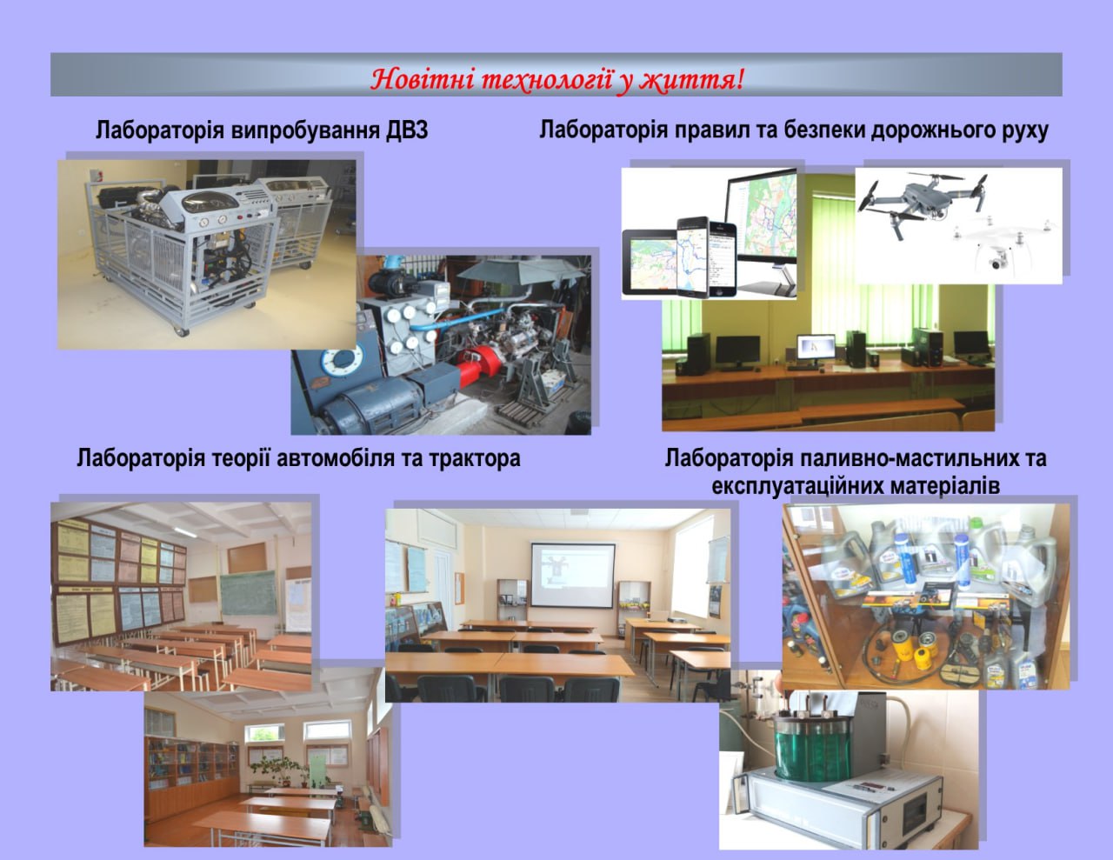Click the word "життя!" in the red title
(692, 80)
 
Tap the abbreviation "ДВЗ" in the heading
(407, 130)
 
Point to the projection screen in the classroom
(573, 576)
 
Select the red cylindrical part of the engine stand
(481, 362)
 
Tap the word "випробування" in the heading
(305, 131)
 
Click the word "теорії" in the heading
(240, 459)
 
